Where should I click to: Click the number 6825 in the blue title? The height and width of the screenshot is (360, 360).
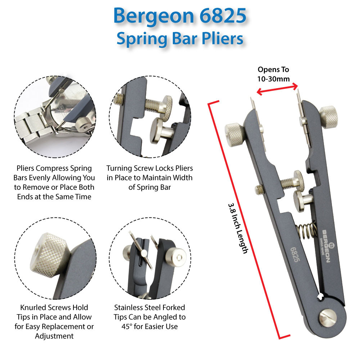(x=223, y=15)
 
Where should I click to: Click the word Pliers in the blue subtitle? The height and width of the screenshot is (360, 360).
(x=222, y=39)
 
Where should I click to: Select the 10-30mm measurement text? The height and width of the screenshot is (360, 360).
(x=273, y=79)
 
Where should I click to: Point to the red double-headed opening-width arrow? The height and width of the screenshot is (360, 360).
(x=277, y=89)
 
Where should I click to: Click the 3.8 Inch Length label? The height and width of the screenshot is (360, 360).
(x=238, y=228)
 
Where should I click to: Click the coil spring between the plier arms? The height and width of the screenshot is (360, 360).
(x=306, y=230)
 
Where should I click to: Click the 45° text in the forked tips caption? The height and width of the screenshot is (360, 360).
(x=127, y=327)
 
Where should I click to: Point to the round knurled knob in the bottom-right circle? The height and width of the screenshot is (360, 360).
(x=176, y=257)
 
